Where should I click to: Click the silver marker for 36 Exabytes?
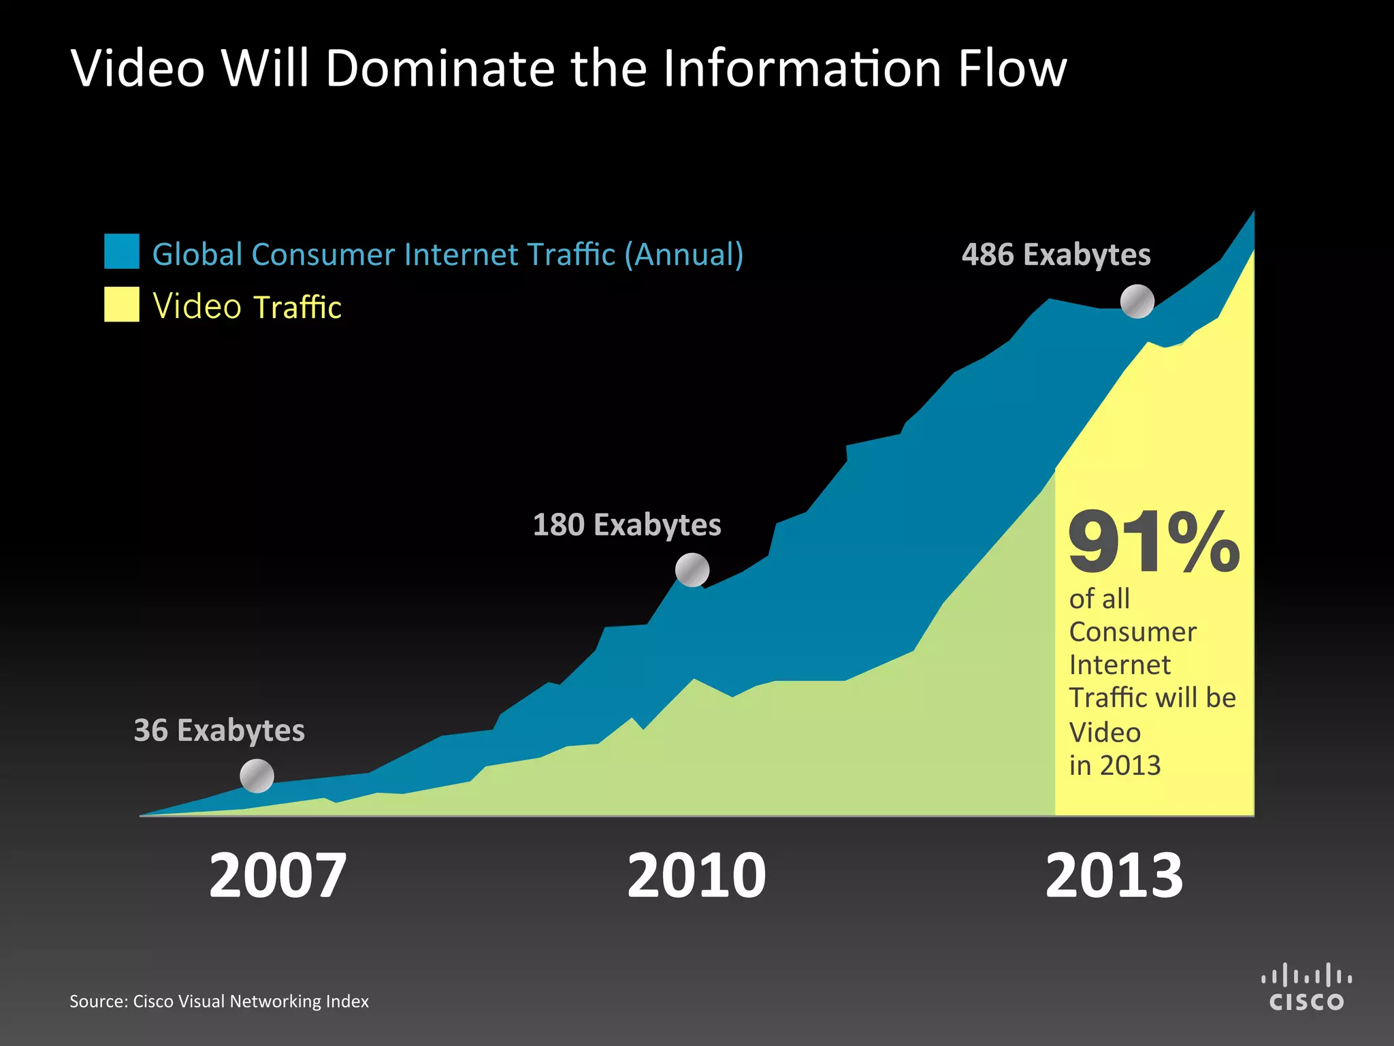(x=257, y=776)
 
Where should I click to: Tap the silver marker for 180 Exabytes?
(x=692, y=570)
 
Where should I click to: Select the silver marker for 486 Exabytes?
(x=1137, y=301)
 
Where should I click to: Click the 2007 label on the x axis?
(x=278, y=876)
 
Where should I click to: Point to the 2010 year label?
(x=696, y=876)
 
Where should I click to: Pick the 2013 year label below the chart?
(x=1114, y=876)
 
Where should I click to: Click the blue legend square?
(x=122, y=251)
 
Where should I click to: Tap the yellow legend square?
(x=122, y=304)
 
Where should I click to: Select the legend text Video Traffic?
(x=247, y=306)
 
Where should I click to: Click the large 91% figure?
(x=1154, y=543)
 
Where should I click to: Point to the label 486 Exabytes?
(x=1056, y=255)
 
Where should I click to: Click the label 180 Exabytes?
(x=627, y=525)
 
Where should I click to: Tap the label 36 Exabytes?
(x=219, y=730)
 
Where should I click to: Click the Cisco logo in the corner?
(x=1306, y=987)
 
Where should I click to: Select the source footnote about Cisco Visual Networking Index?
(x=219, y=1001)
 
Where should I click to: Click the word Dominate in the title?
(x=440, y=69)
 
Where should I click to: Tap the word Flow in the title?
(x=1012, y=69)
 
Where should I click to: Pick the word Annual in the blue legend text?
(x=684, y=255)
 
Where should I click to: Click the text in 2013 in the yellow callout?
(x=1115, y=765)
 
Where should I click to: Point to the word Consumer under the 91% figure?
(x=1133, y=633)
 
